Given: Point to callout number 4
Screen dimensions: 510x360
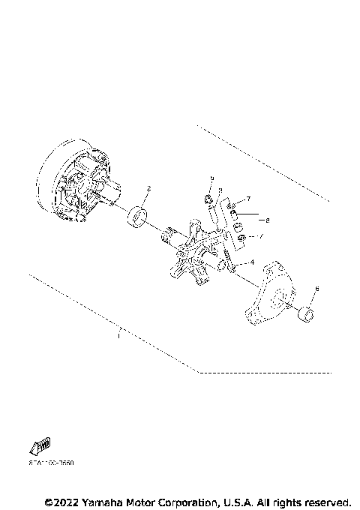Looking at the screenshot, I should pos(252,262).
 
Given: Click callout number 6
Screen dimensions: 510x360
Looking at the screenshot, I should pos(316,289).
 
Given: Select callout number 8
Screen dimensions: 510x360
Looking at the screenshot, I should pos(267,220).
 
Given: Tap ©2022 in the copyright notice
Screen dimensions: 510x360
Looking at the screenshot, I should pos(64,501).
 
